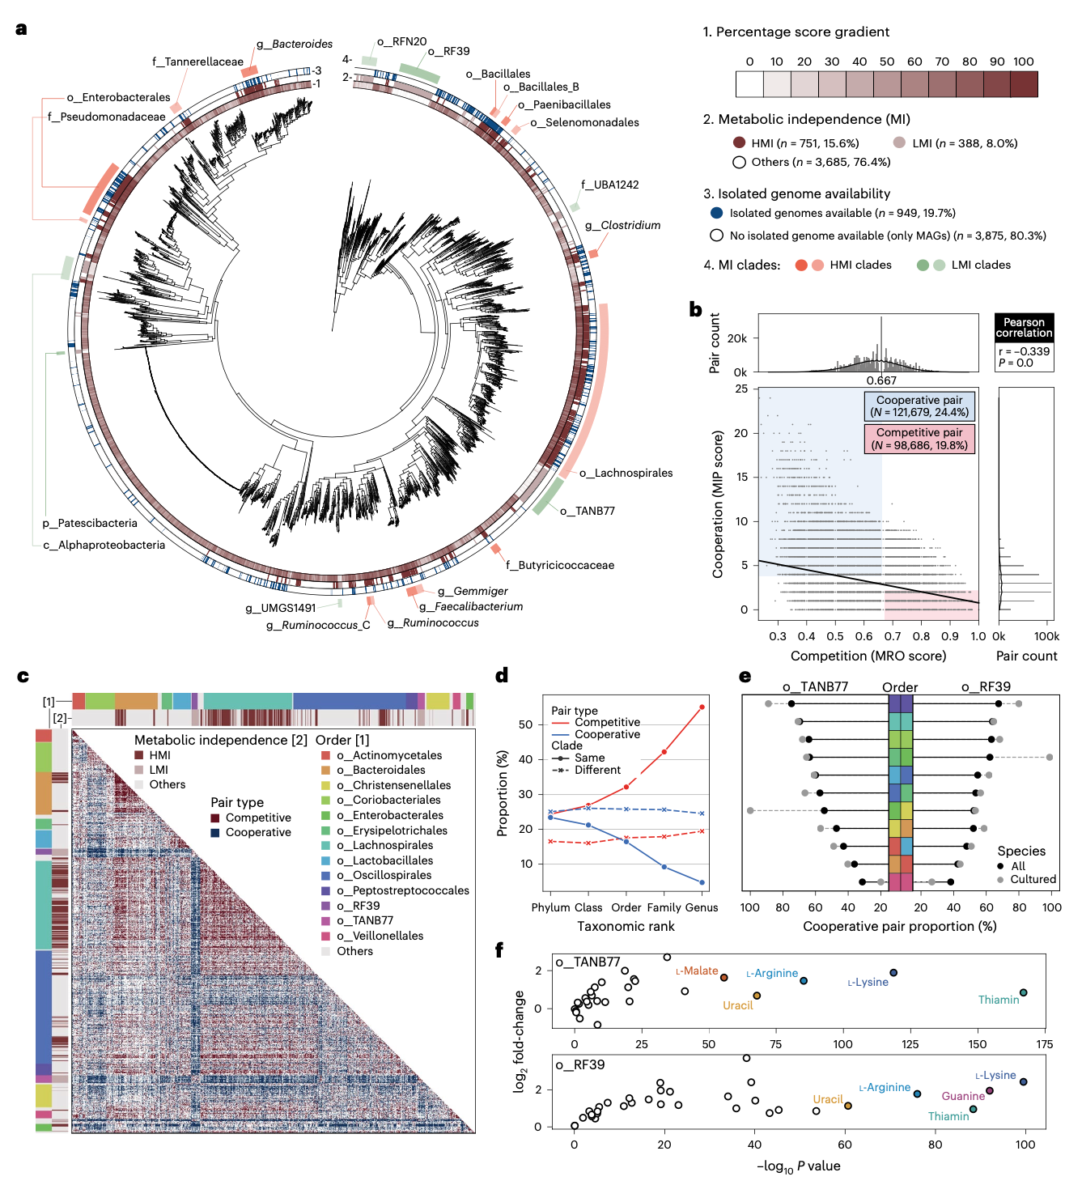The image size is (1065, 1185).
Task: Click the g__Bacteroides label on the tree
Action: click(x=295, y=44)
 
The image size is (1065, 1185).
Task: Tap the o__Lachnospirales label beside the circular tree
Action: click(x=626, y=473)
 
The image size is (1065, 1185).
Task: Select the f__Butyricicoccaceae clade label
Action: click(x=560, y=565)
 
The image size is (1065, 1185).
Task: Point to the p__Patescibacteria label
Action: click(x=90, y=523)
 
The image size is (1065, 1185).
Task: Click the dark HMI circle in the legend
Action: click(x=739, y=143)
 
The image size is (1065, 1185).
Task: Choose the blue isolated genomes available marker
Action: click(x=716, y=213)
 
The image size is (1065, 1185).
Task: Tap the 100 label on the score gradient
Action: click(x=1023, y=62)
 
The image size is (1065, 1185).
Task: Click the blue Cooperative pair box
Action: click(x=919, y=406)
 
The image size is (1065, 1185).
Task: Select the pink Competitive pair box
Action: click(x=919, y=439)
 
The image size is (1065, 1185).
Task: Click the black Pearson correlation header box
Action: click(x=1024, y=328)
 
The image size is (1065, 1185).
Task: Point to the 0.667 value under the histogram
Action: click(x=881, y=380)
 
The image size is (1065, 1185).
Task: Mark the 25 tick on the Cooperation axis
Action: click(x=741, y=389)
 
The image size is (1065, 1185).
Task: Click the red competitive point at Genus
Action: click(x=702, y=707)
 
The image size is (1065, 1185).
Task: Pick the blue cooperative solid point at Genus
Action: click(x=702, y=882)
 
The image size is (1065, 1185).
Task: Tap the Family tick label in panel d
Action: click(x=664, y=907)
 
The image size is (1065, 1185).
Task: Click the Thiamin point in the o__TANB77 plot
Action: click(x=1023, y=992)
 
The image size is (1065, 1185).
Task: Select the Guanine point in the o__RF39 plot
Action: click(x=989, y=1090)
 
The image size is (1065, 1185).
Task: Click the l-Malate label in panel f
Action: click(x=697, y=971)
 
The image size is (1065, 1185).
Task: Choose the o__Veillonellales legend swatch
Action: click(x=326, y=936)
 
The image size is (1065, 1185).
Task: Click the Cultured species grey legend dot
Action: click(x=1000, y=880)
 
